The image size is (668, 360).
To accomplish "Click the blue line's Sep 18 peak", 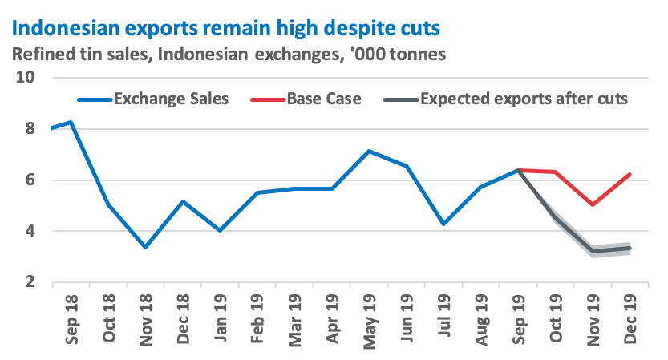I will [x=71, y=122].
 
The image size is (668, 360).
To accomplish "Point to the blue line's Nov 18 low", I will [x=144, y=247].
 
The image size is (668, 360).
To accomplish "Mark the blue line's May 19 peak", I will [x=368, y=151].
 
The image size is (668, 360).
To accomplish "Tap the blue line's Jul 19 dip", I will [x=443, y=224].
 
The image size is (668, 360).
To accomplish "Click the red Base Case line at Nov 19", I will [x=592, y=204].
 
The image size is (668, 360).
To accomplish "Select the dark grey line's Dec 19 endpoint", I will [x=629, y=249].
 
